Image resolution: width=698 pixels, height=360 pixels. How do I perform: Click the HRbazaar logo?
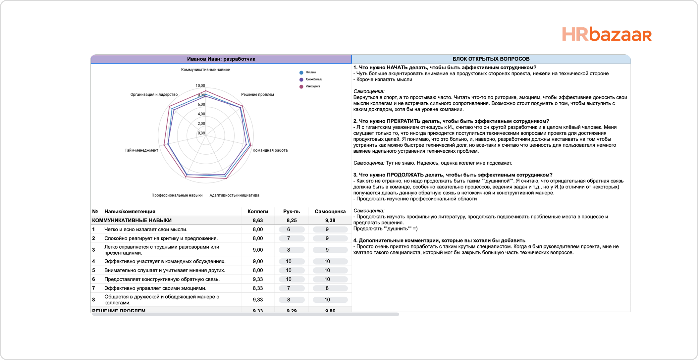pos(607,35)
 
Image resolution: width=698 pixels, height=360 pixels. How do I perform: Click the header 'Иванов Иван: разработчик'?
pos(221,59)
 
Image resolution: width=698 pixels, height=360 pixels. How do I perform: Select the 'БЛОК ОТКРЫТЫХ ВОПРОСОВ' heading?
pos(491,59)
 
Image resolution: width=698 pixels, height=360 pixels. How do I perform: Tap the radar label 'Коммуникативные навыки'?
pos(205,70)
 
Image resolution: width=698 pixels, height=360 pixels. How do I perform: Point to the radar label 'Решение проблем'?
pos(257,94)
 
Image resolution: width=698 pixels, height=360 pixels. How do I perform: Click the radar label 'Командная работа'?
pos(270,150)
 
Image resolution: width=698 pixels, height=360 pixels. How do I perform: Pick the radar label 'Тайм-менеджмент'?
pos(141,150)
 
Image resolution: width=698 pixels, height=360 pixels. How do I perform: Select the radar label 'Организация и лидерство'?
pos(154,94)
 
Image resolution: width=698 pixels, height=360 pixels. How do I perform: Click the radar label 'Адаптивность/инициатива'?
pos(234,195)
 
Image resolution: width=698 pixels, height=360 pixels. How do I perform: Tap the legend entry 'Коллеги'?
pos(310,72)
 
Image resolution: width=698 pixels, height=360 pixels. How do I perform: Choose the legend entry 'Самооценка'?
pos(313,86)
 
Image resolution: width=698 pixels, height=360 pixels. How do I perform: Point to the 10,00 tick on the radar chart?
pos(200,85)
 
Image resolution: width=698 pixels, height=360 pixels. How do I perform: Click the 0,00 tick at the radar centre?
pos(201,133)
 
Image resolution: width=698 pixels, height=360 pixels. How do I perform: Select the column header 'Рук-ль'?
pos(292,211)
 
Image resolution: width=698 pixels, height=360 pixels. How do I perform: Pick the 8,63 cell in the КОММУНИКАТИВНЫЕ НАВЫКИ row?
pos(258,220)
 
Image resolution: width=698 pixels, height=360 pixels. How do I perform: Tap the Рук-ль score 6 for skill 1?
pos(289,229)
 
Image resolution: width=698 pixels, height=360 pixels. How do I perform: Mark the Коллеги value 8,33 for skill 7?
pos(258,288)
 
